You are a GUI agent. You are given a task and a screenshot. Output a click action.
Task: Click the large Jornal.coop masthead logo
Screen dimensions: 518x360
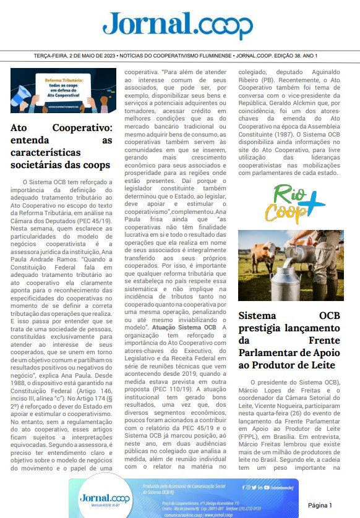tap(178, 26)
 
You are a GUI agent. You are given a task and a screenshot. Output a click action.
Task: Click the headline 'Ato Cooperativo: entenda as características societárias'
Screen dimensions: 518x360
tap(61, 146)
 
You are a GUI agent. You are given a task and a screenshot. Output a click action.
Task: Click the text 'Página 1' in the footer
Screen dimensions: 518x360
tap(320, 505)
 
